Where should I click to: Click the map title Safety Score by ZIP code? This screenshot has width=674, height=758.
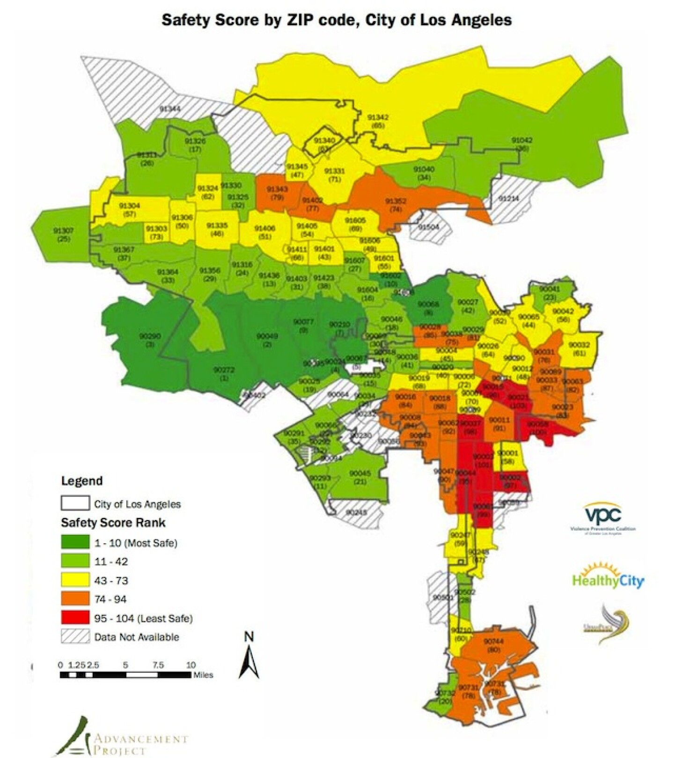pos(336,20)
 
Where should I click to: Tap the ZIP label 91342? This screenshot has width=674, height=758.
pos(377,117)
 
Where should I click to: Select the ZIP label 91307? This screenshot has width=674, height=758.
pos(63,231)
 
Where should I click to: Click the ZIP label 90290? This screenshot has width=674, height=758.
pos(150,336)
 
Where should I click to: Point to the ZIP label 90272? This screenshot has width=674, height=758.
pos(224,370)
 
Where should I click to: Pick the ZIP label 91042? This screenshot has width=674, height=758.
pos(521,140)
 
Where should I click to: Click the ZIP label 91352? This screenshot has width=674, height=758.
pos(396,201)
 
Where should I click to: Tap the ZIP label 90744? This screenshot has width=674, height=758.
pos(493,641)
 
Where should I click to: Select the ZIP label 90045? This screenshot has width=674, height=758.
pos(360,474)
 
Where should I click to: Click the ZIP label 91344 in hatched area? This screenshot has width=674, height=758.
pos(170,109)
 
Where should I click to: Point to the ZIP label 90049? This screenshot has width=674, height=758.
pos(267,336)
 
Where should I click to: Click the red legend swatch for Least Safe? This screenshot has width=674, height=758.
pos(75,618)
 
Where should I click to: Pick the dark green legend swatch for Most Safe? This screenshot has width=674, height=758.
pos(75,542)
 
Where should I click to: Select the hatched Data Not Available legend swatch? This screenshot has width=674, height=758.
pos(75,637)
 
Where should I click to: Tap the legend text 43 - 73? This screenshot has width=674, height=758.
pos(111,581)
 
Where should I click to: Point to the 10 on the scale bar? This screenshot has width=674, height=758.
pos(190,665)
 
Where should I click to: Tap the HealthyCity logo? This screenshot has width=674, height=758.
pos(608,580)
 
